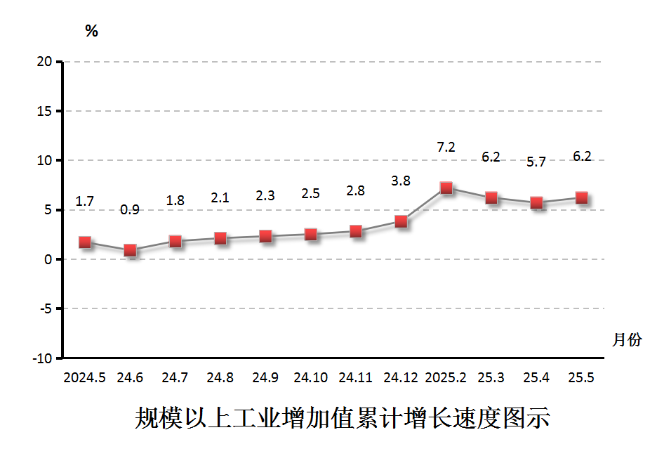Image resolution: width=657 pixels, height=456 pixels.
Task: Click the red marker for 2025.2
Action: [446, 188]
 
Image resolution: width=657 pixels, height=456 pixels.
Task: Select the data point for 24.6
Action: [130, 250]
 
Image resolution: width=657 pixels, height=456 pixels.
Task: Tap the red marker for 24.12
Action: [401, 221]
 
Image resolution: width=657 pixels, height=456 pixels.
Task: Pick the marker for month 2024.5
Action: [85, 242]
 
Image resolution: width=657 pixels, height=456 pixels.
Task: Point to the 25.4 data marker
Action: [536, 203]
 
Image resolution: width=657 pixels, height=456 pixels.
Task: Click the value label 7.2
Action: [446, 147]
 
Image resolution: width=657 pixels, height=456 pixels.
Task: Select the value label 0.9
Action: [130, 209]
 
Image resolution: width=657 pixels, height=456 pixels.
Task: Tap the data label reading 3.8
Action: [401, 181]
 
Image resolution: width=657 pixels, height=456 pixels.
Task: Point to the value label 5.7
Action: [536, 162]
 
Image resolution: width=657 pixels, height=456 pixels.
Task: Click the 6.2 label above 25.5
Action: [582, 156]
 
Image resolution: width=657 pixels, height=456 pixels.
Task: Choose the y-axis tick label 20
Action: [45, 62]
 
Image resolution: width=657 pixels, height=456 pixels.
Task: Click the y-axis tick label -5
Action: [45, 308]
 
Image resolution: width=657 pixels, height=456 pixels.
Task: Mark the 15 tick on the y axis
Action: [45, 111]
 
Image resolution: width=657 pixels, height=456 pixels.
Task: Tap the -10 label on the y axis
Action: [42, 358]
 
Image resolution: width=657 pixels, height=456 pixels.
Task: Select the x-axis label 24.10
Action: [310, 377]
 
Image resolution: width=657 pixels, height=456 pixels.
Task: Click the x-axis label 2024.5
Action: [85, 377]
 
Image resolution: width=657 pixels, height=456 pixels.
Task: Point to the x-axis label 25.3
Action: [491, 377]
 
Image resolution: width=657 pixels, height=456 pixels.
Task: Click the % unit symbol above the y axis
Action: [91, 31]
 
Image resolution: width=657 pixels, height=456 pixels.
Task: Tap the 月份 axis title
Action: [627, 340]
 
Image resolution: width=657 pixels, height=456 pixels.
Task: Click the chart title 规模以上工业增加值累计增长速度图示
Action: [342, 418]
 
